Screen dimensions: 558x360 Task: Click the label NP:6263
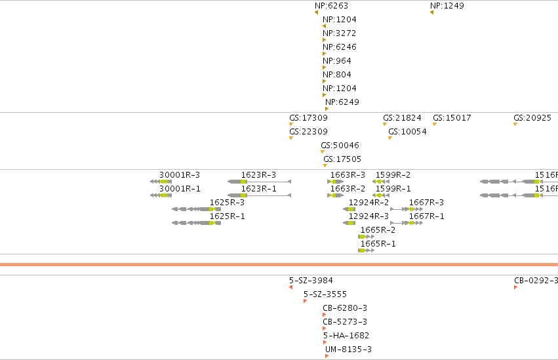[331, 6]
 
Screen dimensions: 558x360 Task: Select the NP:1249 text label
[447, 6]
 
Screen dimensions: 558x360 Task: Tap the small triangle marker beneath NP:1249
[431, 12]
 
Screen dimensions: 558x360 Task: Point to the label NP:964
[337, 61]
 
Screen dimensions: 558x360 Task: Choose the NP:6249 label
[342, 102]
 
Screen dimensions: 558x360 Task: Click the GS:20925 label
[532, 118]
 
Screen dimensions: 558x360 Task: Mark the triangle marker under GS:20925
[515, 124]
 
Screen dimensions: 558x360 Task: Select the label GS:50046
[340, 145]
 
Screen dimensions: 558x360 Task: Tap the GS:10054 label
[407, 132]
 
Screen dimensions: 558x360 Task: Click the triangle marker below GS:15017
[435, 124]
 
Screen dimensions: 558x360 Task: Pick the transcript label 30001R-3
[180, 175]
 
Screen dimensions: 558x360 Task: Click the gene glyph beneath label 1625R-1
[197, 223]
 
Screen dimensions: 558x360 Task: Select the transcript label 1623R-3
[259, 175]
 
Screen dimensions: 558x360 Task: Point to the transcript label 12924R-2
[369, 203]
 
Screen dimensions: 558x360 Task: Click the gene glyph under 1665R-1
[366, 250]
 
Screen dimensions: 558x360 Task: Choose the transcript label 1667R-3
[426, 203]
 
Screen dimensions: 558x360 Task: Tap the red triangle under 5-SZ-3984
[290, 287]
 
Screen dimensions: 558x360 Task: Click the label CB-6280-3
[345, 308]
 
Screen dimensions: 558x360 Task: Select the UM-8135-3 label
[348, 350]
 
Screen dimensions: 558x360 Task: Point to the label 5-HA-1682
[346, 336]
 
